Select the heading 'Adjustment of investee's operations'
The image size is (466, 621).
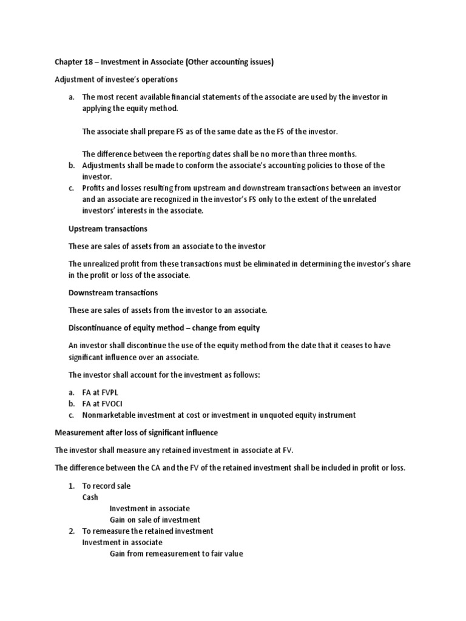click(x=116, y=80)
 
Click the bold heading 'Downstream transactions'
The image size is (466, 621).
click(x=113, y=292)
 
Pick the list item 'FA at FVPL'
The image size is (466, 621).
click(x=103, y=393)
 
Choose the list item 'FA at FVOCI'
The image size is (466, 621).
click(x=105, y=404)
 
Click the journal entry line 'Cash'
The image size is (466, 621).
click(x=90, y=497)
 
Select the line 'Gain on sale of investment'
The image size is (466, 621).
click(x=155, y=520)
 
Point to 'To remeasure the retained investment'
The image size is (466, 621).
click(x=148, y=531)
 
